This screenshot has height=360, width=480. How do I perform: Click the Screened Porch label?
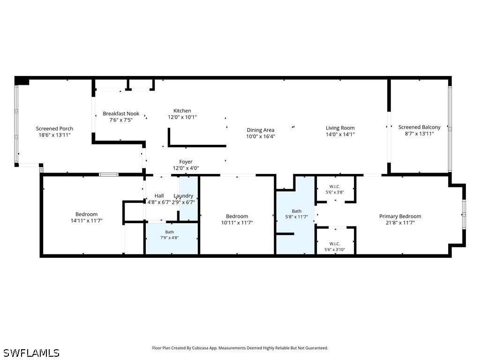(x=54, y=128)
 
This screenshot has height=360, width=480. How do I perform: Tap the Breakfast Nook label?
(x=121, y=113)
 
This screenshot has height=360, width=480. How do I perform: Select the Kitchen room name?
(x=182, y=111)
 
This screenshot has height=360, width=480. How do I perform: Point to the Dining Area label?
(x=261, y=130)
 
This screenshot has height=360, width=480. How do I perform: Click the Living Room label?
(x=340, y=128)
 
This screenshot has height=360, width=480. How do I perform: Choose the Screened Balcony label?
(x=420, y=127)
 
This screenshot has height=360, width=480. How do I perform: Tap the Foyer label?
(x=186, y=162)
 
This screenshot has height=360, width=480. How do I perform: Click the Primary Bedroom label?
(x=400, y=216)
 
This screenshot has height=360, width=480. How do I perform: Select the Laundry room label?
(x=183, y=196)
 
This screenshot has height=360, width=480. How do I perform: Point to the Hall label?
(x=159, y=196)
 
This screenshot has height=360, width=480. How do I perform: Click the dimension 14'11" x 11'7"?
(x=87, y=220)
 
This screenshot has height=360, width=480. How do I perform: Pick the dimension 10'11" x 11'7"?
(x=237, y=223)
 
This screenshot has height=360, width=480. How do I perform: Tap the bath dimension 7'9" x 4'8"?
(x=170, y=238)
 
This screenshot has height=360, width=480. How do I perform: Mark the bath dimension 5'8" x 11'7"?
(x=297, y=217)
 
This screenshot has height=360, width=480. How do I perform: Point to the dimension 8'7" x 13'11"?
(x=420, y=134)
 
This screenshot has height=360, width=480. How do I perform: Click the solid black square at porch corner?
(x=22, y=80)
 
